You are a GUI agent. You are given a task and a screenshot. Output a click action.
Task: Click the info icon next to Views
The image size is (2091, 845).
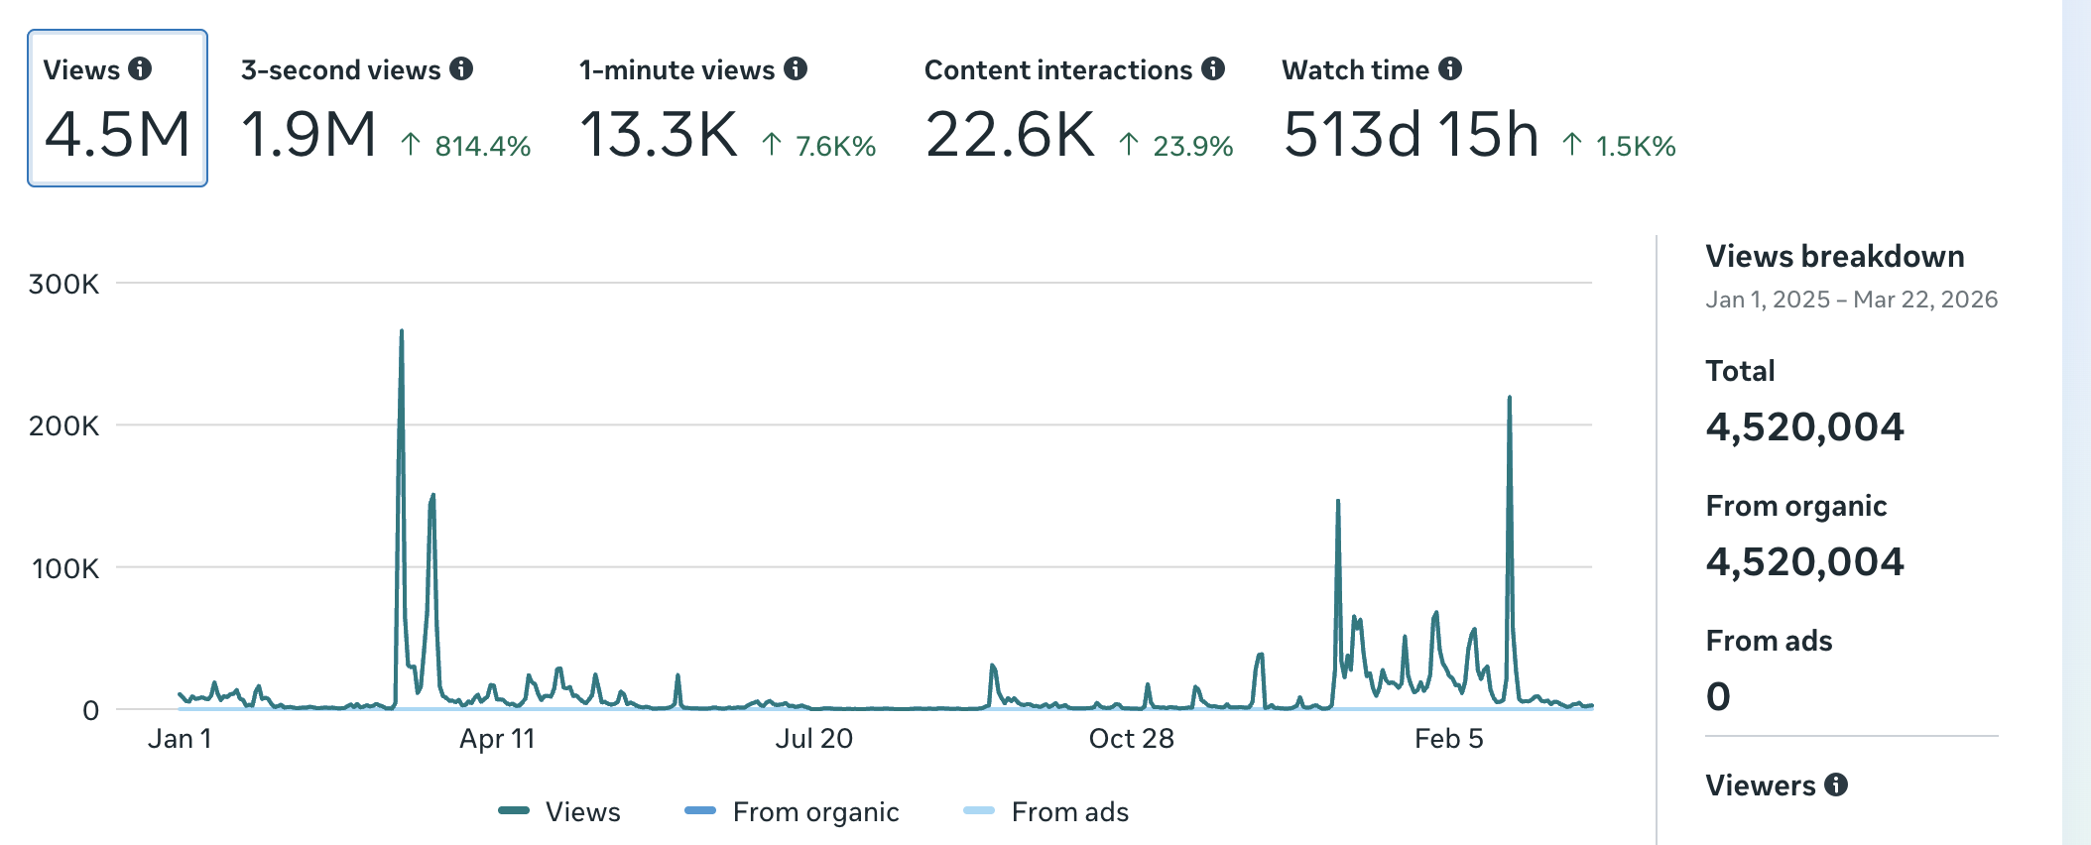[140, 68]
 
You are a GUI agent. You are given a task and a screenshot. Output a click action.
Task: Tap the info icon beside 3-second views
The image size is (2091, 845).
[461, 68]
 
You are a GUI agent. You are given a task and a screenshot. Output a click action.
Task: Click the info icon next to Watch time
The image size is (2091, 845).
[1450, 68]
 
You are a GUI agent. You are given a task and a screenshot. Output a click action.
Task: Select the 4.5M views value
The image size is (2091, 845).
[117, 134]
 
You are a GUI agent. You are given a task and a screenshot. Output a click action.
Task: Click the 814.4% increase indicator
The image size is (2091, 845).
[466, 146]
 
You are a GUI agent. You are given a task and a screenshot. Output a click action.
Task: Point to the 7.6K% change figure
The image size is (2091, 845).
[820, 146]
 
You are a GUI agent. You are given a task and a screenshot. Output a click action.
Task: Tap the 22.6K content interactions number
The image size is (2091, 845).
[1010, 134]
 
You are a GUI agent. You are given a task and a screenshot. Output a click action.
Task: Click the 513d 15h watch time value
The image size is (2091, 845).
[1411, 134]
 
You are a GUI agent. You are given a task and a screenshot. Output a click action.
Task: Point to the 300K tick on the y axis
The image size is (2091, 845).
[64, 285]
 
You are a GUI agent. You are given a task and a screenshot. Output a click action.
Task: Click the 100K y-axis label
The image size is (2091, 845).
[65, 568]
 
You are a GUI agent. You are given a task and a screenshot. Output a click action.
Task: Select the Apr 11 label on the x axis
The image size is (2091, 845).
[497, 739]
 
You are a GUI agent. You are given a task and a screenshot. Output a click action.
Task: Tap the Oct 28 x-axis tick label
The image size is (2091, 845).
[1131, 739]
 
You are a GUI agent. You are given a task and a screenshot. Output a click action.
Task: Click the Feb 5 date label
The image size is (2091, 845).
[1448, 739]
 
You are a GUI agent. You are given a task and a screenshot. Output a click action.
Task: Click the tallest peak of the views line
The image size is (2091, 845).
[402, 332]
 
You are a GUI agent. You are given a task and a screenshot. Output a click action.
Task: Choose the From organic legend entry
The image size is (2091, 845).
[792, 811]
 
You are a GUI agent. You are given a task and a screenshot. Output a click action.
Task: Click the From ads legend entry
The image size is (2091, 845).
[1046, 811]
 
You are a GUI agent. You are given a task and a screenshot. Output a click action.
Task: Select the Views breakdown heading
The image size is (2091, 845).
[1834, 256]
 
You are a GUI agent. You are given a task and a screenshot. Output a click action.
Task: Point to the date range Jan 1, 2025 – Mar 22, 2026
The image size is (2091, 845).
[1851, 300]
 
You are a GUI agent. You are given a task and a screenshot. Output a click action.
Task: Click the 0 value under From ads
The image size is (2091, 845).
[1718, 696]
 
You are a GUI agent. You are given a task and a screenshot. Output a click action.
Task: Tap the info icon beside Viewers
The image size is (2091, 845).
[1836, 785]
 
